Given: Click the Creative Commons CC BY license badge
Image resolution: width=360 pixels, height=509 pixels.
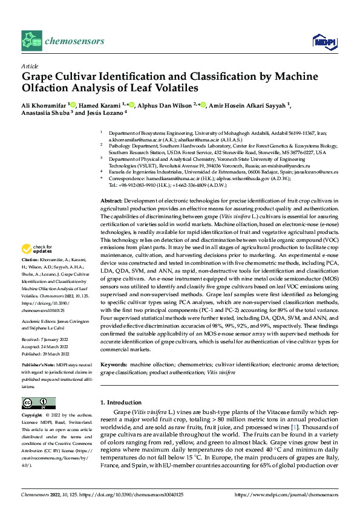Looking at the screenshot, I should pos(38,403).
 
